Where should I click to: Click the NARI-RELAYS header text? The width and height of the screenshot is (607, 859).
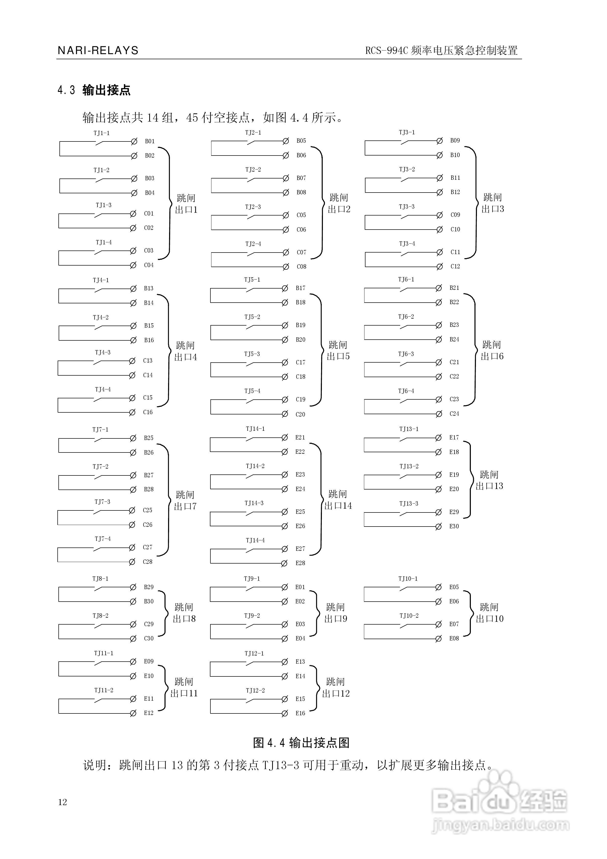tap(98, 51)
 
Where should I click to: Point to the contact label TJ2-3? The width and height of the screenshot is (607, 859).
tap(253, 207)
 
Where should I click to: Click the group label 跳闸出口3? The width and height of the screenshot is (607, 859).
tap(493, 203)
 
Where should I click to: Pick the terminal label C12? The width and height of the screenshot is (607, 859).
tap(455, 266)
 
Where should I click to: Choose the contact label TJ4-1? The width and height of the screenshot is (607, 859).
tap(101, 280)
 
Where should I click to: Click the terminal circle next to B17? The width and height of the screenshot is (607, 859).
tap(285, 288)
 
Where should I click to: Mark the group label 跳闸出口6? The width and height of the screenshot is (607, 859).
tap(492, 351)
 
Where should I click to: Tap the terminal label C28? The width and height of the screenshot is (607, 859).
tap(148, 562)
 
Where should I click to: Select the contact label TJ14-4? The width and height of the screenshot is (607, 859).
tap(255, 540)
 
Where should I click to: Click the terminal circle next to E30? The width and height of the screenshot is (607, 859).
tap(438, 526)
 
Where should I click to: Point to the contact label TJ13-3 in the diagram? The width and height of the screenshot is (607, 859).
tap(409, 504)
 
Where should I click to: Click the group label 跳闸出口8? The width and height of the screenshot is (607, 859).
tap(184, 613)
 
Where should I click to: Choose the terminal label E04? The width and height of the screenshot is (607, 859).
tap(300, 638)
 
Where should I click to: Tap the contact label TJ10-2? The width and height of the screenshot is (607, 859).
tap(409, 615)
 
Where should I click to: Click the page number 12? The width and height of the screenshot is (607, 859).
tap(62, 802)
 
